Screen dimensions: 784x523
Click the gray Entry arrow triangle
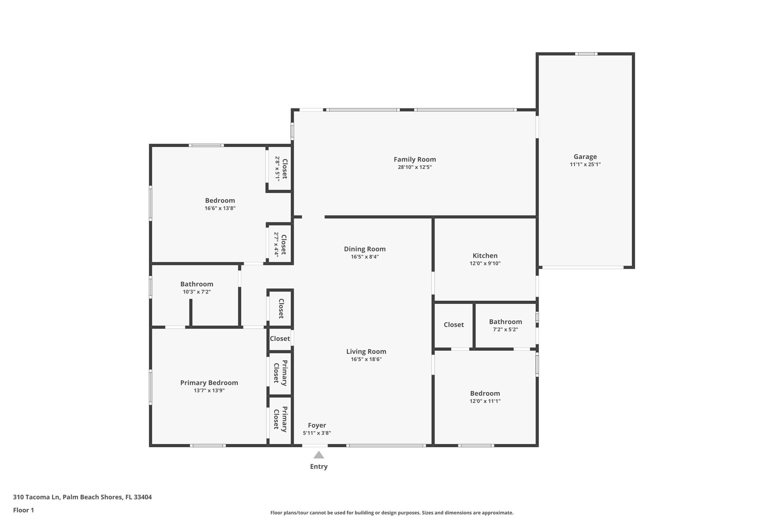tap(319, 455)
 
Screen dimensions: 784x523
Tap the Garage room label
tap(585, 157)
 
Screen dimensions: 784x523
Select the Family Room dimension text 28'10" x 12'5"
tap(415, 167)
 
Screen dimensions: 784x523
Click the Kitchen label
tap(485, 256)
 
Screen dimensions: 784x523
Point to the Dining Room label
tap(364, 249)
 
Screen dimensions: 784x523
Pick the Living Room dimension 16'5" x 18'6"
tap(366, 359)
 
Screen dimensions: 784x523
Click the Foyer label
tap(317, 425)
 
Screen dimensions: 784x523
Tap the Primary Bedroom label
tap(209, 383)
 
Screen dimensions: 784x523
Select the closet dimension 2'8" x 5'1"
tap(277, 169)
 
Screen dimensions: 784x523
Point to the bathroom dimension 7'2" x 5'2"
tap(505, 330)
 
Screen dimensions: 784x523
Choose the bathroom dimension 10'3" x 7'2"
tap(197, 292)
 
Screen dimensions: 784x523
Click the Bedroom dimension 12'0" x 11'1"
tap(485, 401)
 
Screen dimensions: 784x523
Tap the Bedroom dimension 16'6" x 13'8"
tap(220, 208)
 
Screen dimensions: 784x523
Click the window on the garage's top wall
tap(586, 54)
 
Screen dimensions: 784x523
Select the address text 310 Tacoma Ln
tap(36, 497)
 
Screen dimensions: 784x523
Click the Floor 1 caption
tap(23, 510)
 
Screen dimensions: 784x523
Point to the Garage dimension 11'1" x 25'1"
tap(585, 164)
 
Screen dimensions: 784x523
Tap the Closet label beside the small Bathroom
tap(454, 325)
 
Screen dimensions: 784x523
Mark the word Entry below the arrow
tap(319, 467)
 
